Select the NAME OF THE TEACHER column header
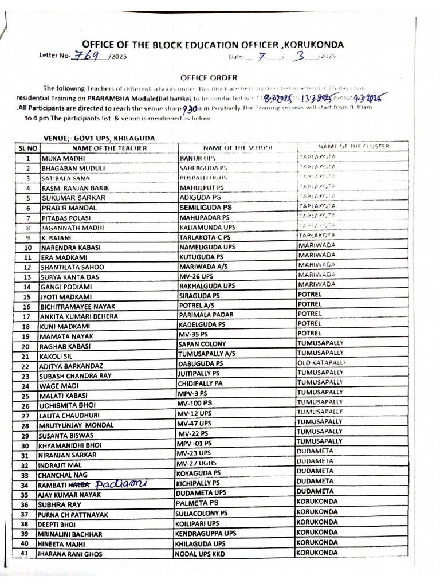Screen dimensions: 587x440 click(109, 148)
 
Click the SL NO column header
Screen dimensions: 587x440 click(27, 148)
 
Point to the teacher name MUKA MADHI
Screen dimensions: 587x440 click(63, 158)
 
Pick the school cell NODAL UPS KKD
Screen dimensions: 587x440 click(206, 553)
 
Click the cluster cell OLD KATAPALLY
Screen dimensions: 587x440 click(321, 363)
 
